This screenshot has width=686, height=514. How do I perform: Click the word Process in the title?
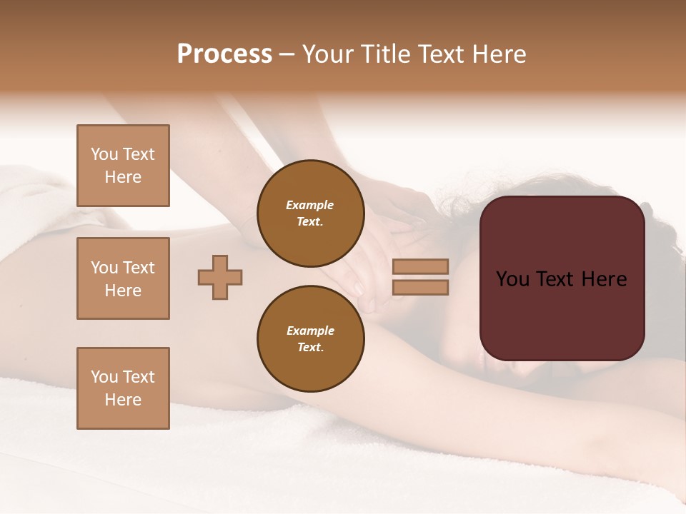click(x=224, y=54)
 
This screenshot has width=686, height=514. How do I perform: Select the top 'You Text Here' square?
click(x=123, y=166)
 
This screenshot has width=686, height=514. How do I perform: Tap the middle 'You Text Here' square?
click(x=123, y=278)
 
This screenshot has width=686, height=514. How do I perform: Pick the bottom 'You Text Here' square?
click(x=123, y=388)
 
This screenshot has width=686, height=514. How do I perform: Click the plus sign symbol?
click(x=220, y=277)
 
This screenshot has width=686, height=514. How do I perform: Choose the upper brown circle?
click(x=310, y=213)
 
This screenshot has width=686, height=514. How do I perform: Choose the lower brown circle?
click(x=310, y=338)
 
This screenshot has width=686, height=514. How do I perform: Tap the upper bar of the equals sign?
click(x=420, y=266)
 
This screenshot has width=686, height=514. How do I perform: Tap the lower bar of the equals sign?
click(x=420, y=287)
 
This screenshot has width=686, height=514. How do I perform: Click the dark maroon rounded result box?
click(x=562, y=314)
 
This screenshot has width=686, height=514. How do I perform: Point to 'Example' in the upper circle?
click(x=309, y=205)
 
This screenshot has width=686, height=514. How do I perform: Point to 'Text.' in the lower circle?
click(x=310, y=347)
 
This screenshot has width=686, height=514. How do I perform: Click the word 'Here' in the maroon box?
click(x=604, y=279)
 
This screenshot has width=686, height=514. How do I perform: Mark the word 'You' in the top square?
click(x=104, y=154)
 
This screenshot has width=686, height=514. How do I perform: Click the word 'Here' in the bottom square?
click(x=123, y=400)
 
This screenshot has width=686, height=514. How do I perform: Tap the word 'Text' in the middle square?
click(x=139, y=268)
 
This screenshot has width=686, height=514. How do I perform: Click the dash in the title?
click(x=287, y=54)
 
